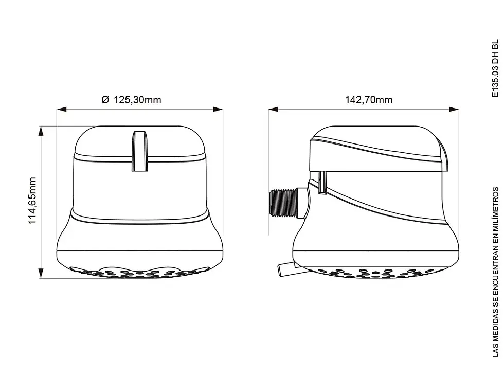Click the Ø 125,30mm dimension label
coord(131,100)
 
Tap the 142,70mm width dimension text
coord(369,100)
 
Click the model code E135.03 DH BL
coord(495,68)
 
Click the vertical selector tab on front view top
coord(140,151)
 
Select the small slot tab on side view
coord(322,182)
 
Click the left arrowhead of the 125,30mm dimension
coord(62,109)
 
